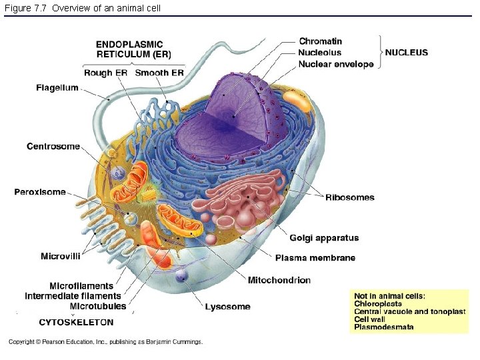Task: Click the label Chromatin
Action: point(321,41)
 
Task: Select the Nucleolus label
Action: point(320,53)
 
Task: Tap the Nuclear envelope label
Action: point(336,64)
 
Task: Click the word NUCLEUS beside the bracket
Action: point(407,53)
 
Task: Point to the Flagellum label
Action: point(57,88)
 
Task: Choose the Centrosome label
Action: point(53,147)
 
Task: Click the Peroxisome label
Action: point(40,193)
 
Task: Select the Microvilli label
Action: point(61,256)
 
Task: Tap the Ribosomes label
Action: point(350,197)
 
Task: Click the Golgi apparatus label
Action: point(324,238)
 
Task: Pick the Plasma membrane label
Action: point(315,258)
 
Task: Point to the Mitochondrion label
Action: point(279,280)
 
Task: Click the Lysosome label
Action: point(227,307)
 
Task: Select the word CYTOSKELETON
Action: point(76,322)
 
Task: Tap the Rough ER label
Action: point(105,73)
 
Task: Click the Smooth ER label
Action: point(159,73)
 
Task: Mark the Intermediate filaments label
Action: point(73,296)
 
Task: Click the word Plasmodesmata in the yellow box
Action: point(384,327)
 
